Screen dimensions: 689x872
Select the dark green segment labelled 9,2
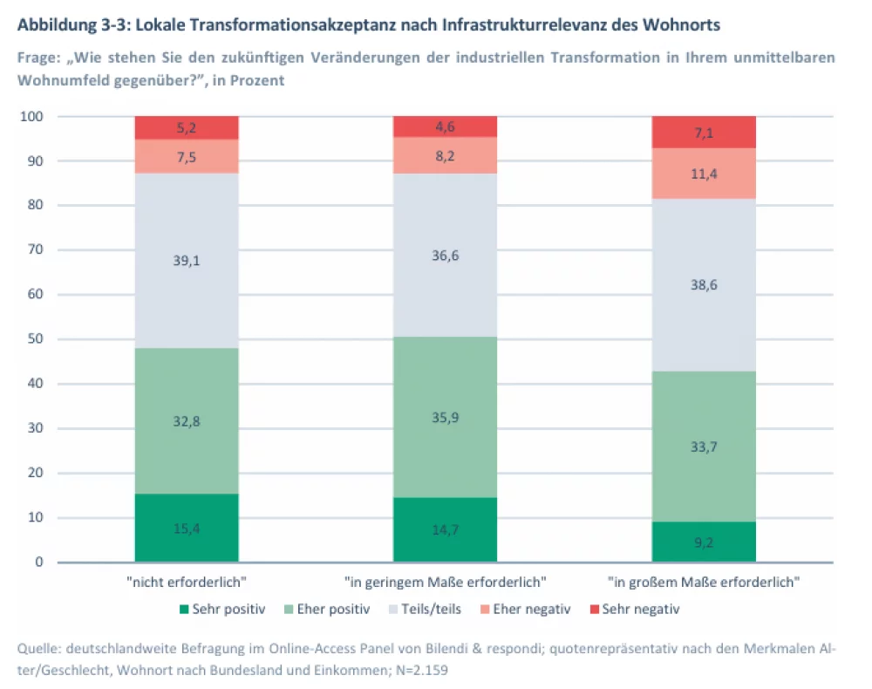pyautogui.click(x=704, y=542)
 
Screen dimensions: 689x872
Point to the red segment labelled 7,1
pyautogui.click(x=704, y=132)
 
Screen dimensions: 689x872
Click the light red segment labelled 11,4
pyautogui.click(x=704, y=174)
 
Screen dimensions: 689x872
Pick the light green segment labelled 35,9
pyautogui.click(x=445, y=417)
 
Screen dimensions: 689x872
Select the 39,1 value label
pyautogui.click(x=187, y=259)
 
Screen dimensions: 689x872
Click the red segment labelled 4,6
pyautogui.click(x=445, y=126)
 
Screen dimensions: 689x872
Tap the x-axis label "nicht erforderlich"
pyautogui.click(x=187, y=581)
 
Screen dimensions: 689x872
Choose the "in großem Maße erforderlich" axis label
pyautogui.click(x=704, y=581)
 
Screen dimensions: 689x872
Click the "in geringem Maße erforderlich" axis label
pyautogui.click(x=445, y=581)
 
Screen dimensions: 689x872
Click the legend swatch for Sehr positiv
pyautogui.click(x=184, y=609)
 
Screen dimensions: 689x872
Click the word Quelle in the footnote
pyautogui.click(x=38, y=649)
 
